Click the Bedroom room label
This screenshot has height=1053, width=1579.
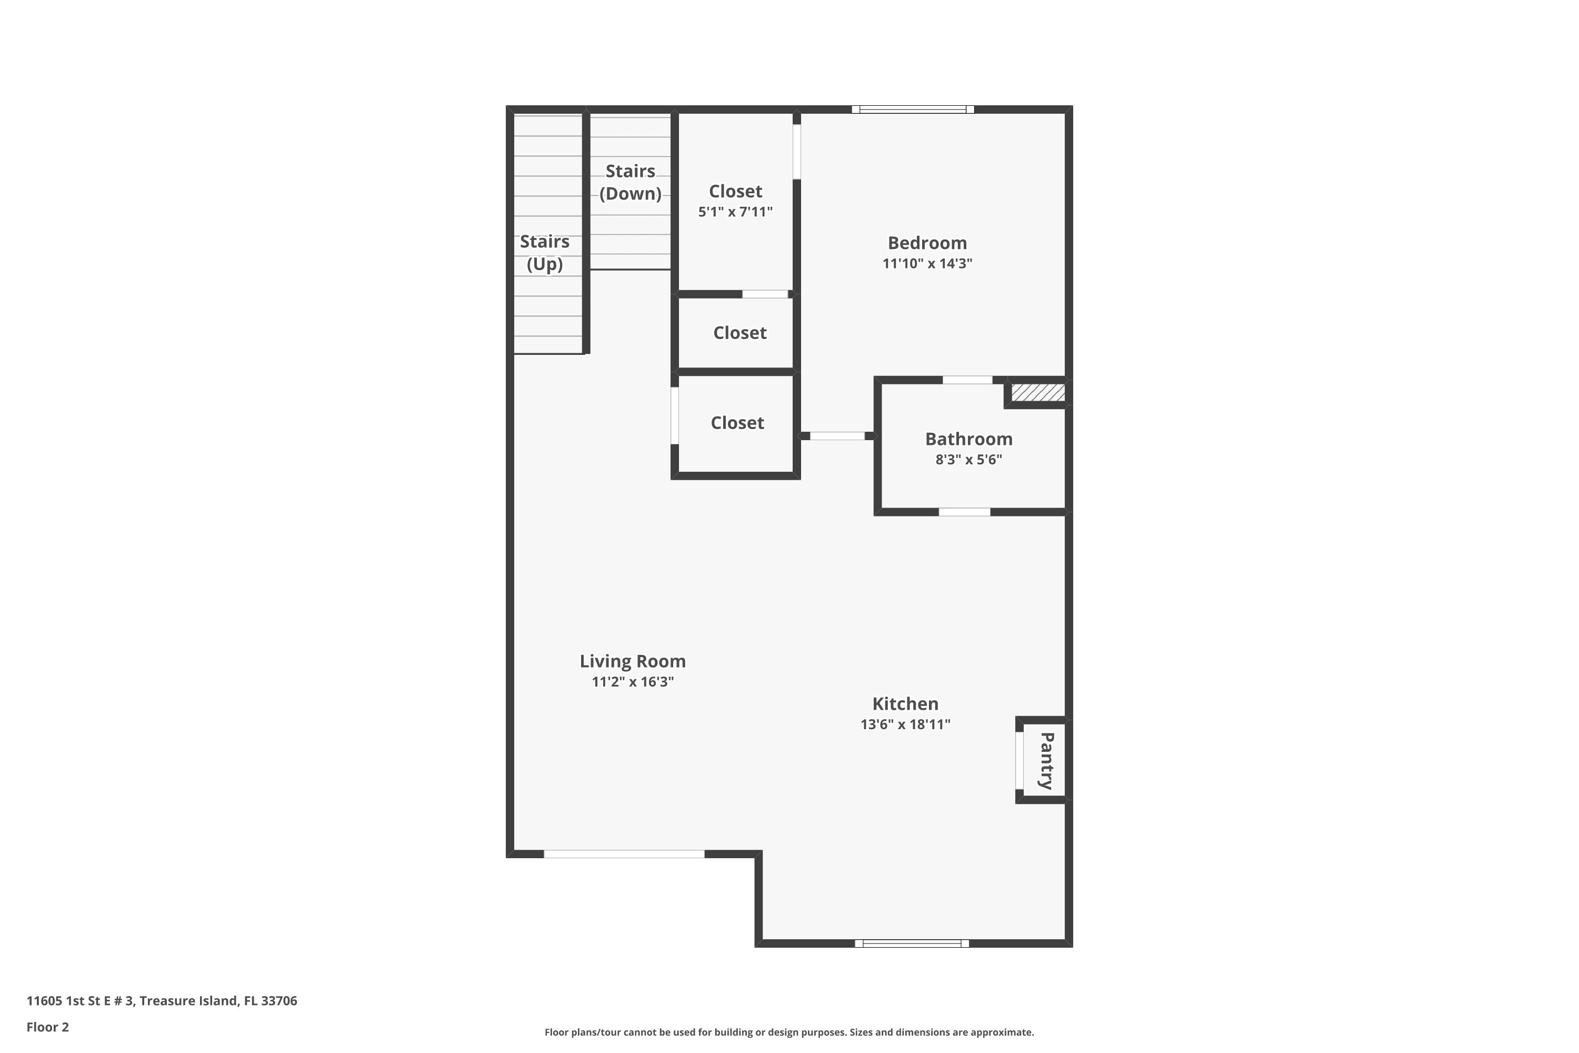[926, 243]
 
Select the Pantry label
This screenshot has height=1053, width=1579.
[1046, 760]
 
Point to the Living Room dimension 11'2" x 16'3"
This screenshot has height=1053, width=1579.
[633, 682]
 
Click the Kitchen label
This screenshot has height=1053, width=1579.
[905, 704]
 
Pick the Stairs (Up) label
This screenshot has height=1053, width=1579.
[544, 253]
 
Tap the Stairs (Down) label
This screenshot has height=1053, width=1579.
[629, 182]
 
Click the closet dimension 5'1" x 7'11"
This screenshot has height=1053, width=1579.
[735, 212]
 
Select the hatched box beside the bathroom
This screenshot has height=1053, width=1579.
[1038, 392]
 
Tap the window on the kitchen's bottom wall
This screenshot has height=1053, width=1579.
[911, 943]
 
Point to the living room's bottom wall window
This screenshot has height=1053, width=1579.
[624, 854]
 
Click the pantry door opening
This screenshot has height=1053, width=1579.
[1019, 760]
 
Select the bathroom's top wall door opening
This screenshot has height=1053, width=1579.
[967, 380]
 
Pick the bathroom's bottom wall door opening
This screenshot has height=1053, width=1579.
[964, 512]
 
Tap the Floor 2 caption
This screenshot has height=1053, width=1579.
[48, 1027]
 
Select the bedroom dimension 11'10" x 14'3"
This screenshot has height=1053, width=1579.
[926, 264]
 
